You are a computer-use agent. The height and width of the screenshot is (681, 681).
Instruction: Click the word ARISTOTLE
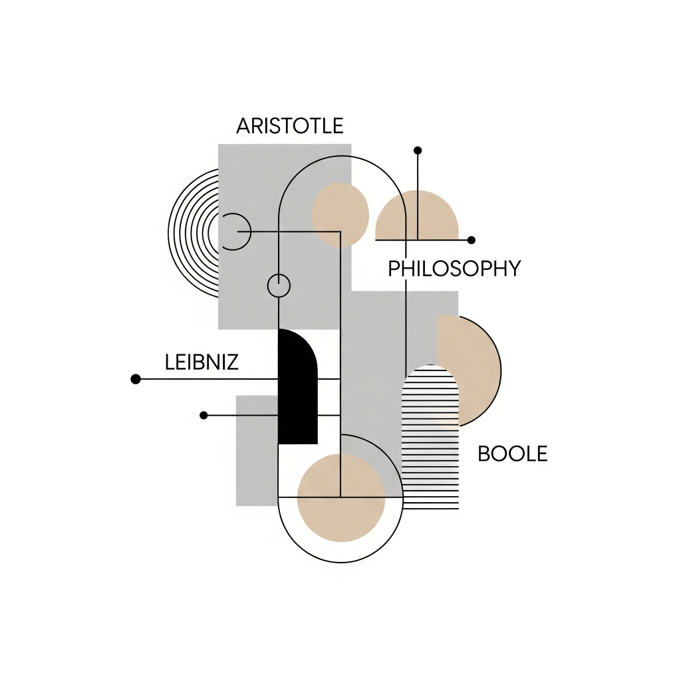coord(290,126)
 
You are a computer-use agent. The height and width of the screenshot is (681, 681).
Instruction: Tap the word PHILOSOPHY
coord(454,269)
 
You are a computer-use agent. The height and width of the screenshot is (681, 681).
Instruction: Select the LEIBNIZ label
coord(201,362)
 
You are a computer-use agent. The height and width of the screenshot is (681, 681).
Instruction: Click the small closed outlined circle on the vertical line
coord(279,285)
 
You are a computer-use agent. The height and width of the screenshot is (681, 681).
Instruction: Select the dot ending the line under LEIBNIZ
coord(136,379)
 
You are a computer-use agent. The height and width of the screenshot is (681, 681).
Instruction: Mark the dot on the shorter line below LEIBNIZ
coord(204,415)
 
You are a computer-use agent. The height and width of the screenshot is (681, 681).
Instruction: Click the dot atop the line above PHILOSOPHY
coord(418,150)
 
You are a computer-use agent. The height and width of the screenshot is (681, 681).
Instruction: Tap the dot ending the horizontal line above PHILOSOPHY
coord(472,239)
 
